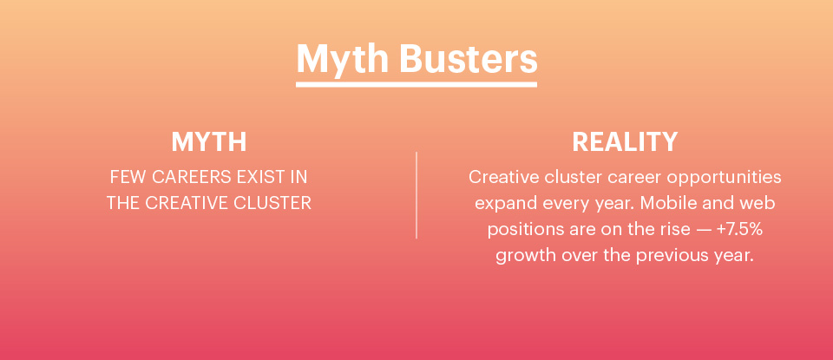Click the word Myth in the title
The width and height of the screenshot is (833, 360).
point(343,58)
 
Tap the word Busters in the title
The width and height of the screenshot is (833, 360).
point(468,58)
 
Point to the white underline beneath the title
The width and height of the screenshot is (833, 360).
point(416,84)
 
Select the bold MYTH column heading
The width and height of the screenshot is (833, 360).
point(209,142)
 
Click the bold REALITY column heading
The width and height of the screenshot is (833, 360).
point(625,142)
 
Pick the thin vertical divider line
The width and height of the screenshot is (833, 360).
point(416,195)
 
